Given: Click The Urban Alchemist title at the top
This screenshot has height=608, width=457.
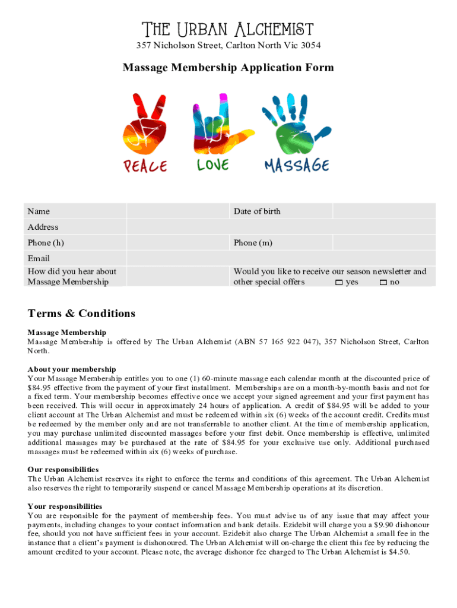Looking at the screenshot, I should click(228, 29).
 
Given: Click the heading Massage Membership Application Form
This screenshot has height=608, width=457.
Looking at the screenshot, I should click(228, 68).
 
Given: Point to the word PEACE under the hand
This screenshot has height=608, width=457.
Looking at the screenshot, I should click(145, 166).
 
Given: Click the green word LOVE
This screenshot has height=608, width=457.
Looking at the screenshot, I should click(212, 164).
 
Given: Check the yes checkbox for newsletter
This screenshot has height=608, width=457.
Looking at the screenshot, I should click(339, 283).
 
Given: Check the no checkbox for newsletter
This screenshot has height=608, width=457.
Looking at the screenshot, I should click(383, 283).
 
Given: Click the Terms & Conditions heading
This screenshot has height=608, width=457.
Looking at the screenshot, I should click(81, 313).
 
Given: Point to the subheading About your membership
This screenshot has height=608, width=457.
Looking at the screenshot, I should click(72, 369).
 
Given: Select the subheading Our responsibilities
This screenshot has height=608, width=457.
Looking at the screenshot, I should click(63, 470).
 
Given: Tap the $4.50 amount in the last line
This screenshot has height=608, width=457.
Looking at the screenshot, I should click(398, 552).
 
